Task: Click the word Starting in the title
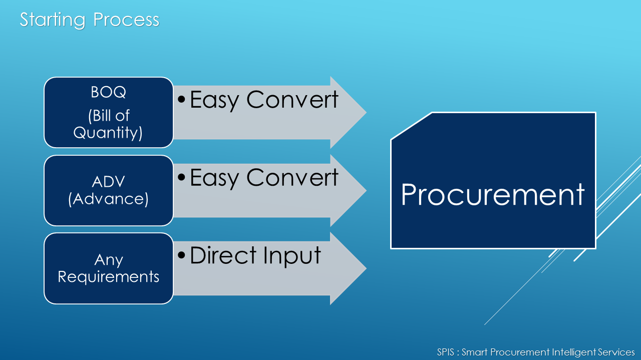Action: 53,20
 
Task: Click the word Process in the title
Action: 126,20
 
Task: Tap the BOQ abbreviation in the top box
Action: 109,92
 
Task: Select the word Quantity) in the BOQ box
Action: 108,133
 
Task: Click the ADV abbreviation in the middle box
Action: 109,182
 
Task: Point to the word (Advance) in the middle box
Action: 109,199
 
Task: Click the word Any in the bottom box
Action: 109,260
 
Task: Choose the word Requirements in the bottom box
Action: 109,277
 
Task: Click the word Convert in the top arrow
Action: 292,100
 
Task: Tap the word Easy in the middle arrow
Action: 214,178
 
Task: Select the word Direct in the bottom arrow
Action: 223,255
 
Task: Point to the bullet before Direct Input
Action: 181,255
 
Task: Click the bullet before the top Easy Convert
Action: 181,100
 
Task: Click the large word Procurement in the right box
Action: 492,195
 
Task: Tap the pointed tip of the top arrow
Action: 366,113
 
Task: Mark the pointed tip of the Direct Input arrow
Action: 366,268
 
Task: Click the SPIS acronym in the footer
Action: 445,352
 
